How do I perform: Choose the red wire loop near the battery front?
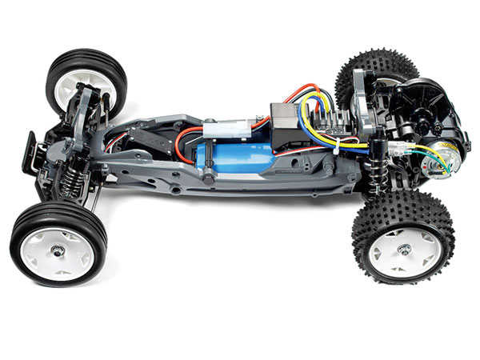point(187,148)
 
